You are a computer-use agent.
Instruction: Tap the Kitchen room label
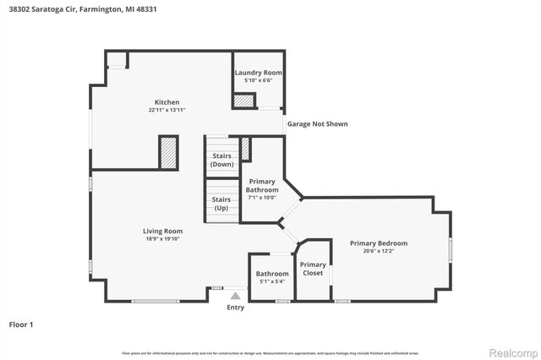[166, 102]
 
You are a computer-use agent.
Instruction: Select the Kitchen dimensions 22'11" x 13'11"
[166, 111]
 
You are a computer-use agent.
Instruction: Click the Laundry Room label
[258, 73]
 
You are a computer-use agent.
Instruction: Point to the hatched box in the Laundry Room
[244, 101]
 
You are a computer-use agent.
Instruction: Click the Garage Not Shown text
[317, 124]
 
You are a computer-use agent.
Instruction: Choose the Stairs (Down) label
[221, 160]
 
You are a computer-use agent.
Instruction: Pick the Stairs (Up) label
[221, 204]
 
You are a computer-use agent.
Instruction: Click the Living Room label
[161, 231]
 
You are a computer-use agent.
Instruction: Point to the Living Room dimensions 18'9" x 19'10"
[161, 239]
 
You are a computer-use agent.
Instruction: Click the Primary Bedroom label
[379, 243]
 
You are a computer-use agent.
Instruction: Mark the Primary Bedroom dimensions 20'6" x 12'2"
[379, 251]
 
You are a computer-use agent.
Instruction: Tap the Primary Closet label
[313, 269]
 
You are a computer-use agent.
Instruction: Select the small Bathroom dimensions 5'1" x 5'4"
[272, 281]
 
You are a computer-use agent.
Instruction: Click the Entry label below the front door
[235, 308]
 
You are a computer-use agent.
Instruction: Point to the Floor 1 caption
[20, 324]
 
